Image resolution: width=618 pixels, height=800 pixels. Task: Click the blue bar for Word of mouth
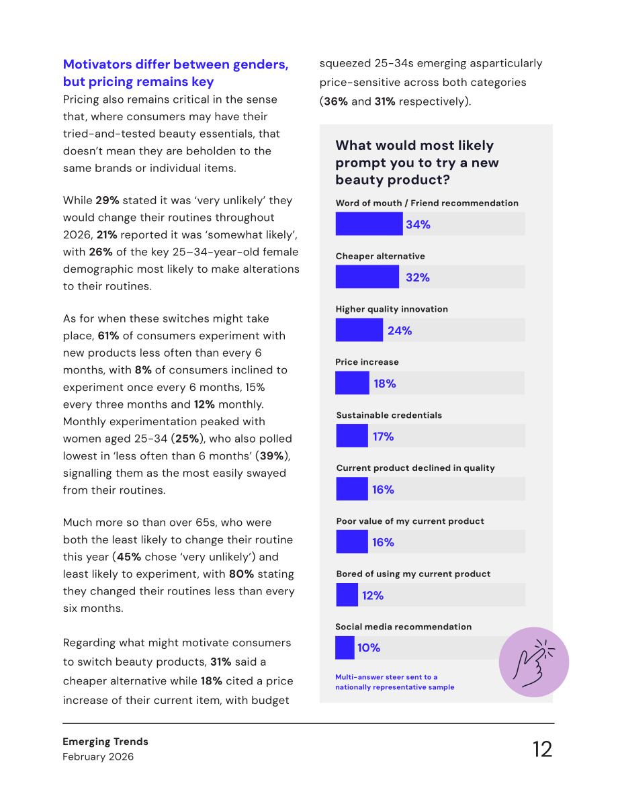pos(369,224)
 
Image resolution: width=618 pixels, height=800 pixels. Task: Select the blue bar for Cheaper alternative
pos(367,277)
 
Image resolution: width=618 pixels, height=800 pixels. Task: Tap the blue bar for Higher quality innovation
pos(359,330)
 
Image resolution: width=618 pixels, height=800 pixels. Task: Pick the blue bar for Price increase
pos(352,383)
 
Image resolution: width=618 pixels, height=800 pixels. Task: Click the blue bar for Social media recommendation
pos(345,648)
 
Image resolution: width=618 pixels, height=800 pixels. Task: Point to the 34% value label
pos(418,224)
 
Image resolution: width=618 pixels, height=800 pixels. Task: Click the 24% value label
pos(400,330)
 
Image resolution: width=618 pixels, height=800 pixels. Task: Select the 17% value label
pos(384,437)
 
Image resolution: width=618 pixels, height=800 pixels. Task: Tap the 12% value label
pos(373,595)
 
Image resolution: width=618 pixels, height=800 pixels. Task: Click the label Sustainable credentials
pos(389,415)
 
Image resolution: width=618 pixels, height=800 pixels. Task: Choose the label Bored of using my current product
pos(413,574)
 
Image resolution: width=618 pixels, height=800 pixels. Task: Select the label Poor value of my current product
pos(410,521)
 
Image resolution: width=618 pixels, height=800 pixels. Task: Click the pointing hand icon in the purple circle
pos(533,662)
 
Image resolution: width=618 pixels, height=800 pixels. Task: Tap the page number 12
pos(543,749)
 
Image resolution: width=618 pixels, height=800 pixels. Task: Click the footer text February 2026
pos(98,756)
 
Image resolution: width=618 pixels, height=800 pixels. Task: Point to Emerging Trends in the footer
pos(105,742)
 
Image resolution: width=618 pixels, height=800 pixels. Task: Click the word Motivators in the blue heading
pos(97,64)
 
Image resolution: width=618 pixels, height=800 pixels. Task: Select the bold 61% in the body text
pos(108,336)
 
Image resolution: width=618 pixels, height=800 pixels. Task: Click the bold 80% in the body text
pos(241,574)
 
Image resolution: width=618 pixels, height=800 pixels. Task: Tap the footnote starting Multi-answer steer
pos(394,682)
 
